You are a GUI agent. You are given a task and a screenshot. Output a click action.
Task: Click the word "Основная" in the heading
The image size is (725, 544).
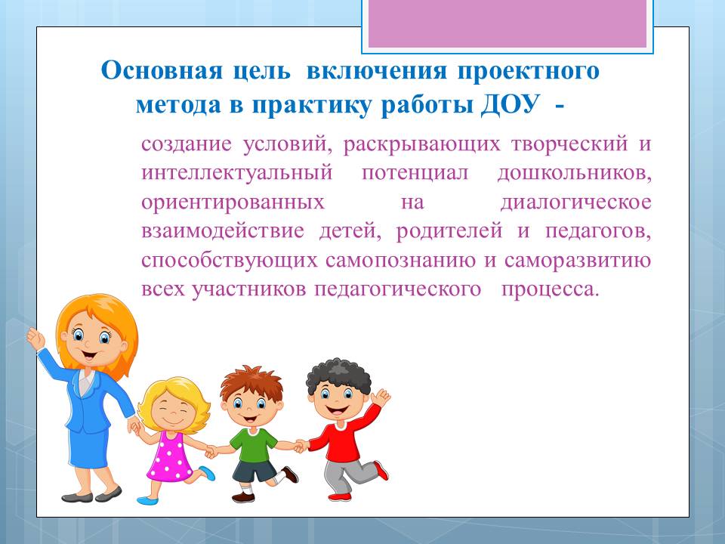162,71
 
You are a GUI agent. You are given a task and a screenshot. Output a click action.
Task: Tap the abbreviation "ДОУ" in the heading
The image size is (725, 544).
510,105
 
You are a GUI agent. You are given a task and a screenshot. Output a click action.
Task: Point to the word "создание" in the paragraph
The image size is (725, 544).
187,144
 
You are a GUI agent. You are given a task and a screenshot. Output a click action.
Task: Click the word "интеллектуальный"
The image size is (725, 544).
236,173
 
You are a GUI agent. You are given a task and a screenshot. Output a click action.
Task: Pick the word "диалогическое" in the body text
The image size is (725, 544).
575,202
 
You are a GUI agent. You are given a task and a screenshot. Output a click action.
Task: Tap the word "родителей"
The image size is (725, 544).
449,231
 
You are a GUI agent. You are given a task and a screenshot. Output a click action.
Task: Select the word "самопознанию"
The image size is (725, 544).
400,261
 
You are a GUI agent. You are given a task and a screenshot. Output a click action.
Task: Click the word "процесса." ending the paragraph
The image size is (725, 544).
551,290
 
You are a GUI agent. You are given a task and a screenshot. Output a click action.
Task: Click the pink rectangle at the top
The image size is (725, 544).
507,23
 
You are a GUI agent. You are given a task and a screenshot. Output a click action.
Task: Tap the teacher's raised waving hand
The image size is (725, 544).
35,338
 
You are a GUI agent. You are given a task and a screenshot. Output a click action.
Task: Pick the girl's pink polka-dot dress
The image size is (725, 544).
170,456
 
